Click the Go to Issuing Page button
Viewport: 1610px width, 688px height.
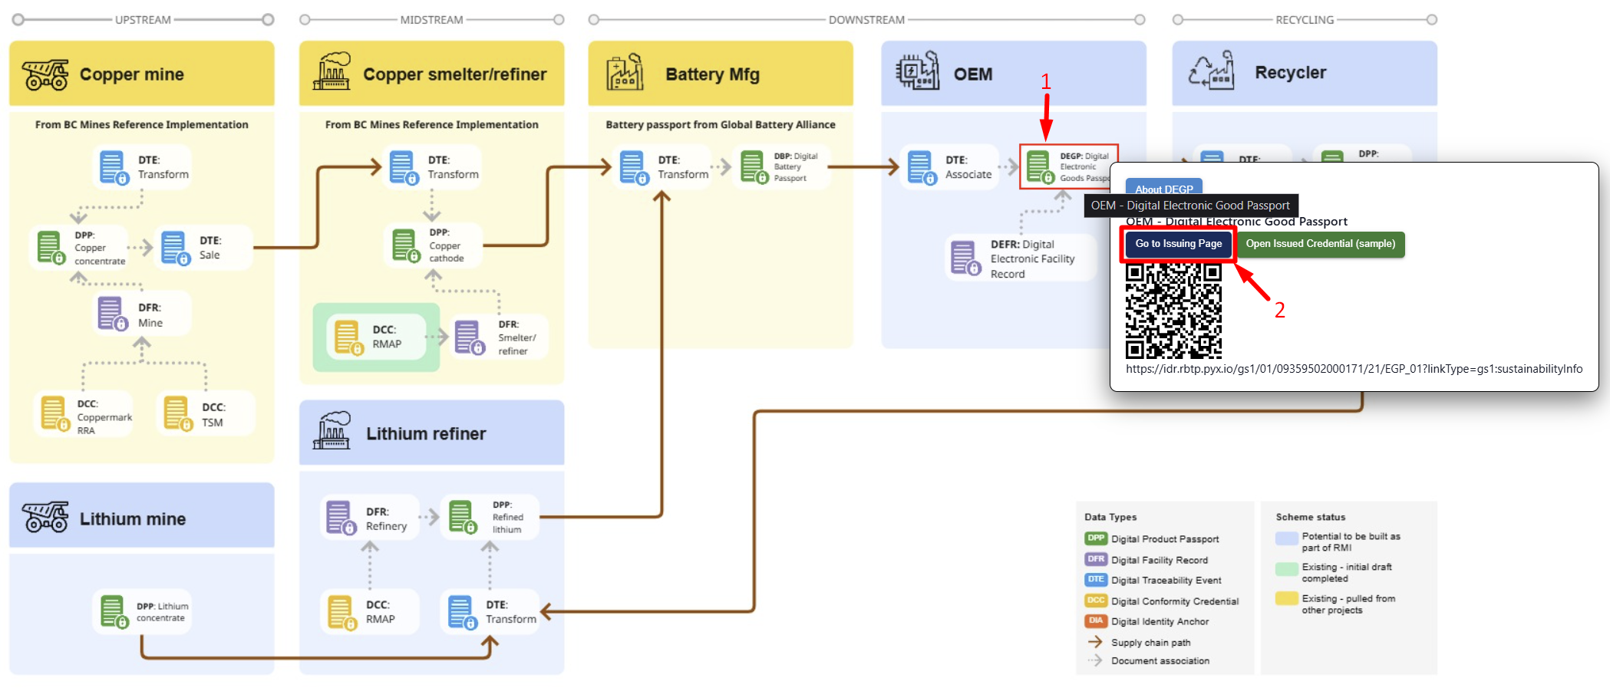1178,244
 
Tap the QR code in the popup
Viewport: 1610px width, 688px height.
1173,311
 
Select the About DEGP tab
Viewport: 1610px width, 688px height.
1163,189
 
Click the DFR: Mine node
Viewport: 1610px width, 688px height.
141,314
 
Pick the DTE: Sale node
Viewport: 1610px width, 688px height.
203,248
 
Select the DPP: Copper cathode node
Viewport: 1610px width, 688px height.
433,245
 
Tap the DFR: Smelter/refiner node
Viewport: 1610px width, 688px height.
500,337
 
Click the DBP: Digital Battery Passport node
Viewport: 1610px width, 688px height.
782,167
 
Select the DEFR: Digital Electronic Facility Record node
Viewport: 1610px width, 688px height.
1018,258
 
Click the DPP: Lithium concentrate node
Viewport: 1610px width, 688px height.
143,611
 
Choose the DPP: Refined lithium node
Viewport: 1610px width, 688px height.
490,517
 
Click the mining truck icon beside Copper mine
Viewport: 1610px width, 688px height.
45,74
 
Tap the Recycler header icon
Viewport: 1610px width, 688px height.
1212,71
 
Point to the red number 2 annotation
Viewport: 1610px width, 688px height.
1279,310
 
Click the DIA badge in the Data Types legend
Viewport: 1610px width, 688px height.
1095,621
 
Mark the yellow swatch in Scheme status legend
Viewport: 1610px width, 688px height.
1286,599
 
